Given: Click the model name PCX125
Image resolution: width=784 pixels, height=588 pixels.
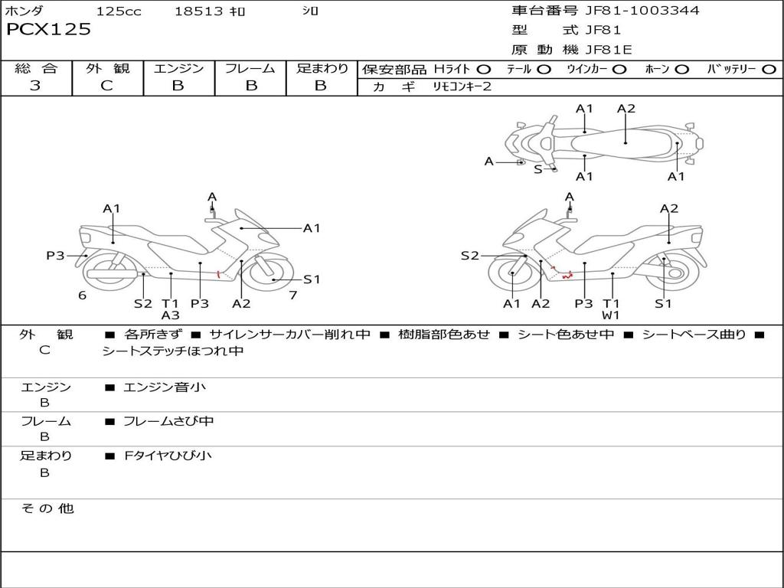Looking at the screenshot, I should click(49, 29).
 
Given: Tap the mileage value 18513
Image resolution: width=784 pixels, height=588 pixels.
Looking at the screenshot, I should click(198, 11).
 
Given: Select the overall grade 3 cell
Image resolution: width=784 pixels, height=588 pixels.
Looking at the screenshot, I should click(35, 86).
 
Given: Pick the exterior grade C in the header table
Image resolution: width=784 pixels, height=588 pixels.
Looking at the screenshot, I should click(107, 86).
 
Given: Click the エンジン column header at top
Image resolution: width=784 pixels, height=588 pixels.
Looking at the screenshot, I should click(178, 69).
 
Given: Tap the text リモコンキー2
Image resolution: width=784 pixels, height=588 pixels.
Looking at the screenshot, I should click(462, 87).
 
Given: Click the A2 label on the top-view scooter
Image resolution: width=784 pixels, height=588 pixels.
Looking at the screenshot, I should click(626, 109).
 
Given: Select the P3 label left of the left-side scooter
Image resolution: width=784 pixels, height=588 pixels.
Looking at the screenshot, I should click(55, 256).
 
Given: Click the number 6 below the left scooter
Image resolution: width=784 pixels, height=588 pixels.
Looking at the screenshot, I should click(82, 296).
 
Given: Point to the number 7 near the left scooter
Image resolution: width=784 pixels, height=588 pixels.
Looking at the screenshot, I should click(292, 295).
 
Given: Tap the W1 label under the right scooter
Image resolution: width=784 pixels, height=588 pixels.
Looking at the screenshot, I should click(610, 315).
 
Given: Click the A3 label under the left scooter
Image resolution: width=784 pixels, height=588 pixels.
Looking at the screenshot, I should click(170, 315).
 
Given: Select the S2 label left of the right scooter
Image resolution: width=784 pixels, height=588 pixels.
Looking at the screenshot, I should click(469, 256).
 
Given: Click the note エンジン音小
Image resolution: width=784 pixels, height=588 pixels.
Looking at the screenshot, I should click(165, 387).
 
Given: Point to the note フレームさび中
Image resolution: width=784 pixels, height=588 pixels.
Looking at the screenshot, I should click(168, 421).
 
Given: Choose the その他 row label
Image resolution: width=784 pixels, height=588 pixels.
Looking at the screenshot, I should click(47, 508).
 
